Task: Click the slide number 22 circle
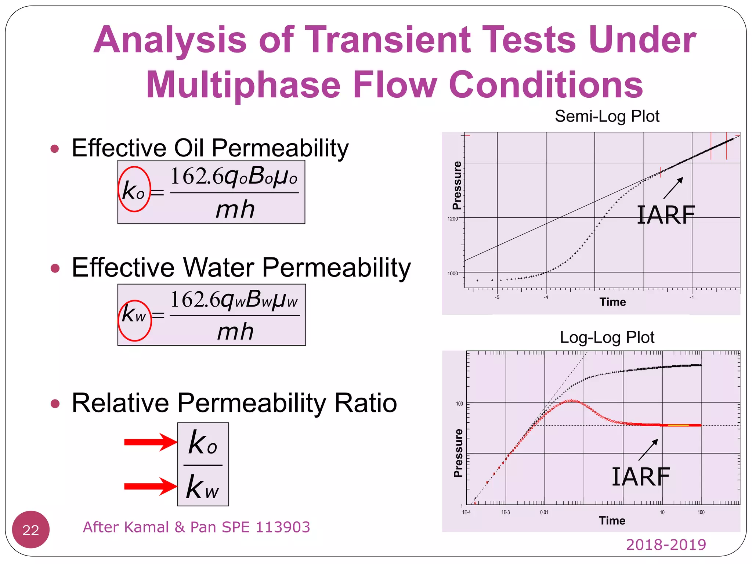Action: pyautogui.click(x=31, y=529)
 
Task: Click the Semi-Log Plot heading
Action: pyautogui.click(x=607, y=116)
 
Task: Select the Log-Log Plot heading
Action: pyautogui.click(x=607, y=337)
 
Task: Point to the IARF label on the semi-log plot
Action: pyautogui.click(x=665, y=215)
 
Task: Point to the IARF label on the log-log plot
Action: pyautogui.click(x=641, y=477)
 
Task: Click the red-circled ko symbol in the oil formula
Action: pyautogui.click(x=134, y=190)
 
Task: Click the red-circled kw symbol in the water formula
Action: pyautogui.click(x=134, y=315)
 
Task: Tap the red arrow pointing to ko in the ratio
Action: pyautogui.click(x=151, y=442)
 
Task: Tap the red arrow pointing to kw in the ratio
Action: pyautogui.click(x=151, y=487)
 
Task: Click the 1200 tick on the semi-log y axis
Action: pyautogui.click(x=452, y=219)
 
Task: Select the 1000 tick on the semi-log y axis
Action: pyautogui.click(x=452, y=274)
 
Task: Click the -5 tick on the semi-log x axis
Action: pyautogui.click(x=497, y=297)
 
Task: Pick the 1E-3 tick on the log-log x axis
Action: pyautogui.click(x=506, y=512)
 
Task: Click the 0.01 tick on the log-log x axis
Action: pyautogui.click(x=544, y=512)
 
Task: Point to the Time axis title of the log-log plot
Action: pyautogui.click(x=612, y=521)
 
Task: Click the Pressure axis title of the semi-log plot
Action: pyautogui.click(x=457, y=185)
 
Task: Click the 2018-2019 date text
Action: pyautogui.click(x=666, y=545)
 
